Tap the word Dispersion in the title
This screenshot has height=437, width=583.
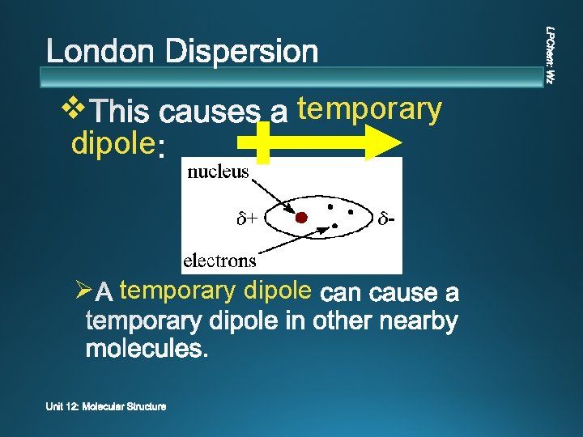click(243, 53)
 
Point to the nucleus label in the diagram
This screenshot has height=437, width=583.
click(218, 172)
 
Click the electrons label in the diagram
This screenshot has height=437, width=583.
click(219, 260)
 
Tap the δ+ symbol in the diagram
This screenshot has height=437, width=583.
click(247, 218)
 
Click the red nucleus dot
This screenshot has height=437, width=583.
click(301, 217)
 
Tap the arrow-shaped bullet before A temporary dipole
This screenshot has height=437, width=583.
click(81, 289)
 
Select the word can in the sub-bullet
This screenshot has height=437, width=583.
click(343, 291)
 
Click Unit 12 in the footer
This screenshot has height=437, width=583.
click(62, 407)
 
